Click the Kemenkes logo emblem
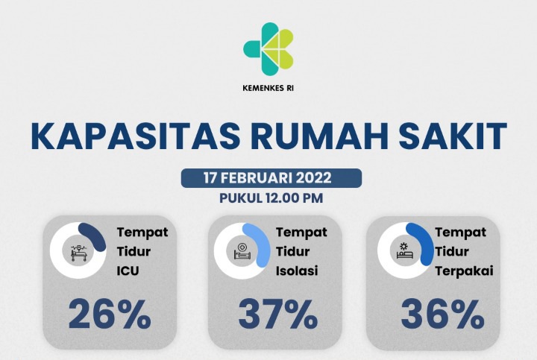click(x=268, y=47)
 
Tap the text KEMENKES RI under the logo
click(x=268, y=86)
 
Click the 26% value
click(x=110, y=315)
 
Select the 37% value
click(x=277, y=315)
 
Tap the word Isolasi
click(x=297, y=271)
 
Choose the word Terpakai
click(x=459, y=271)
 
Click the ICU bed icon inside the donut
click(x=78, y=251)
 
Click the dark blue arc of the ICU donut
click(x=96, y=237)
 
